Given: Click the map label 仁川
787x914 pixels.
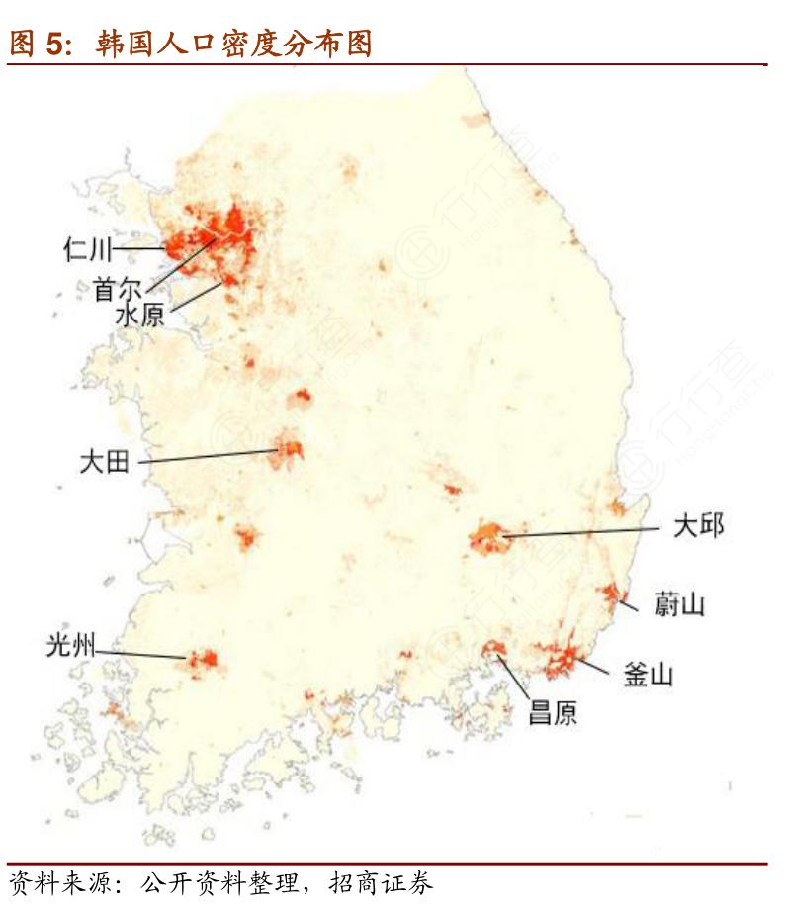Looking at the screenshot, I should point(88,248).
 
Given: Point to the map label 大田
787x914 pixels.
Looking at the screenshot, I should point(105,461).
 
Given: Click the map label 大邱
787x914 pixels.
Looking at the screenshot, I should point(698,525).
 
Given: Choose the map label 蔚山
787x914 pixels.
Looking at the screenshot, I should point(679,603).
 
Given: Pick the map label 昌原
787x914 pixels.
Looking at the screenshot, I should point(553,712).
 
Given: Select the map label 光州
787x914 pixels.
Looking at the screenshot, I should point(70,647).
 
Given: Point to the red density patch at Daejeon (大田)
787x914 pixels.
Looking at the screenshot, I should point(292,450).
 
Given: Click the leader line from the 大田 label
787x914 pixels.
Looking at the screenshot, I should point(208,456).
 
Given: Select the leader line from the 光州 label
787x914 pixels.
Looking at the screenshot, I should point(143,653).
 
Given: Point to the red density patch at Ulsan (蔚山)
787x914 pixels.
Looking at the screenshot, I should point(610,593).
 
